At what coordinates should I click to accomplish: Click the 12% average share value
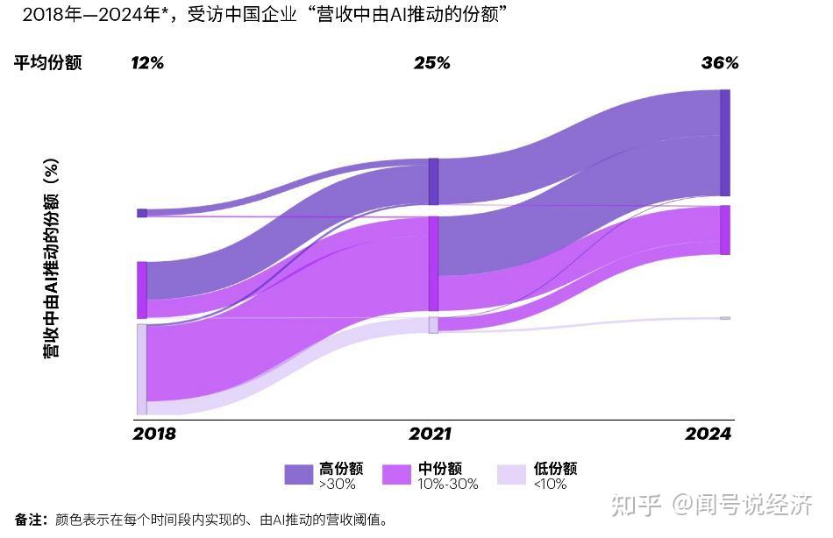(x=147, y=63)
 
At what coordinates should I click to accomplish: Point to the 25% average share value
(x=431, y=63)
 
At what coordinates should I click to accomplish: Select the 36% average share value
(x=720, y=63)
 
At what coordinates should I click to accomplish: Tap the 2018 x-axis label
(x=154, y=434)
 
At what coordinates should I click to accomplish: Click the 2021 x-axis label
(x=431, y=434)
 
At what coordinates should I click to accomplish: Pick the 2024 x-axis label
(x=708, y=434)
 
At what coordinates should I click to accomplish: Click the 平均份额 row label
(x=47, y=63)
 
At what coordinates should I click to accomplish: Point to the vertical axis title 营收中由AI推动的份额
(x=52, y=258)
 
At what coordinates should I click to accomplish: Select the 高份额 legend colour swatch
(x=299, y=475)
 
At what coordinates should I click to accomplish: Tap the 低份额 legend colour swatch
(x=511, y=475)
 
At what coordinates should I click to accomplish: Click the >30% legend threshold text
(x=338, y=485)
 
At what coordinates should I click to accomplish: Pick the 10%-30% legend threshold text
(x=447, y=485)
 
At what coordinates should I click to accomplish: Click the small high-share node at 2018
(x=142, y=213)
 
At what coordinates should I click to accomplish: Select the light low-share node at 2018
(x=141, y=369)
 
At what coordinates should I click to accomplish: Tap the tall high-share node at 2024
(x=724, y=143)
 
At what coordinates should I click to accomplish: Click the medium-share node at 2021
(x=433, y=264)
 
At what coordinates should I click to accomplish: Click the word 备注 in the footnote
(x=30, y=520)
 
